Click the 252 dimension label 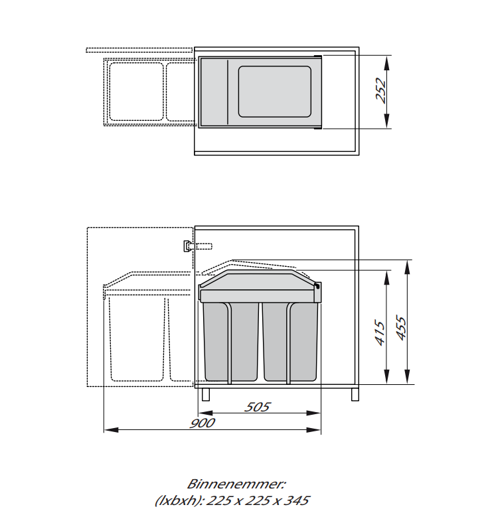tap(381, 91)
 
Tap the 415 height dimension tap(380, 332)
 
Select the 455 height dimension tap(401, 327)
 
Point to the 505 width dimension tap(257, 407)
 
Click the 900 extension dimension tap(203, 423)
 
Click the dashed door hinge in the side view tap(198, 246)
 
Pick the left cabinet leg tap(206, 395)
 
